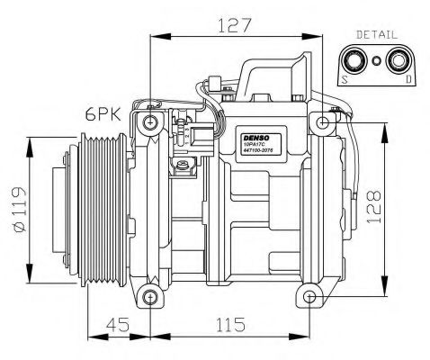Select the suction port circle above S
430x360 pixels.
[354, 61]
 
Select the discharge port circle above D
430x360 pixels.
[398, 61]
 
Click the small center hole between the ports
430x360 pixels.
[375, 62]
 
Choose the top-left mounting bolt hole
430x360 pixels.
[150, 122]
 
